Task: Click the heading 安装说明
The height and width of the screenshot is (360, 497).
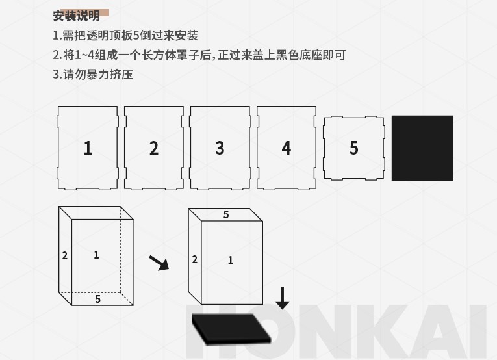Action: pyautogui.click(x=77, y=16)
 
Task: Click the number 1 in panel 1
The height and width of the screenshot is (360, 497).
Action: pyautogui.click(x=88, y=148)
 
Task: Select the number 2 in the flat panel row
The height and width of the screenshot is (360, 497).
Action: pyautogui.click(x=154, y=148)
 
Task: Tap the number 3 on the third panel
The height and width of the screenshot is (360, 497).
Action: pyautogui.click(x=220, y=148)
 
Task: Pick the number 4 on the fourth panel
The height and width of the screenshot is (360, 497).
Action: pyautogui.click(x=287, y=148)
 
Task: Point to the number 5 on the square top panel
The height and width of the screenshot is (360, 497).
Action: pyautogui.click(x=353, y=148)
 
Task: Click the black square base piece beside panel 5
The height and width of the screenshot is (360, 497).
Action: pyautogui.click(x=422, y=148)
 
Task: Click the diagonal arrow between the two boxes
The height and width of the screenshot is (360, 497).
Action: pyautogui.click(x=159, y=263)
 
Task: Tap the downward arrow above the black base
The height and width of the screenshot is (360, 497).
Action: pyautogui.click(x=282, y=298)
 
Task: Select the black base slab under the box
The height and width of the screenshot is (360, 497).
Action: pyautogui.click(x=231, y=329)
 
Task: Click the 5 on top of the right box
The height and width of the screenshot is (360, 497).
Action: pyautogui.click(x=226, y=214)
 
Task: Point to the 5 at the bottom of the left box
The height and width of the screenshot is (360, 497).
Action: pyautogui.click(x=98, y=299)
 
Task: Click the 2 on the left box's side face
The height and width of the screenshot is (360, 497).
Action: pyautogui.click(x=65, y=255)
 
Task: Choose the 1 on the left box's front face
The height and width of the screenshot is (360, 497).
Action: pyautogui.click(x=96, y=255)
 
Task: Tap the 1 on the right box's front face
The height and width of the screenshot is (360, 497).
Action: pyautogui.click(x=231, y=260)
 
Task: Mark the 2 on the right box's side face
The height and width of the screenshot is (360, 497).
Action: pyautogui.click(x=195, y=259)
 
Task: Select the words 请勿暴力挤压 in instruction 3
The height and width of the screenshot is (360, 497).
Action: pyautogui.click(x=98, y=75)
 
